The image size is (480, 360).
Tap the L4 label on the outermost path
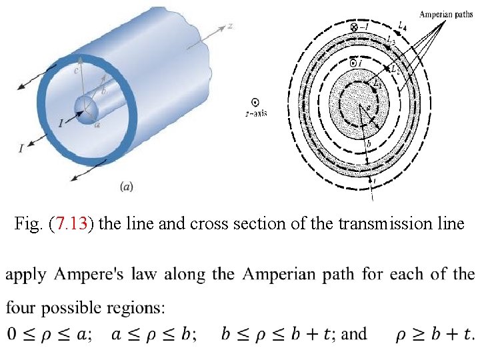coord(401,25)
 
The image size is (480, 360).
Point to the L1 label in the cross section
coord(377,83)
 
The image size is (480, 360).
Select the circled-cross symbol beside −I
coord(353,27)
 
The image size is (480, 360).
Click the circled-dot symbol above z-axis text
coord(255,102)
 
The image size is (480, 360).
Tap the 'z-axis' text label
coord(255,113)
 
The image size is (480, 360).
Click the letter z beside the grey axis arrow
coord(229,25)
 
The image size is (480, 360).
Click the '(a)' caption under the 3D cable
coord(126,187)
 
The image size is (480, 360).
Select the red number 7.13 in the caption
coord(71,224)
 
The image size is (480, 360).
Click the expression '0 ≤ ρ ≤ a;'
coord(45,333)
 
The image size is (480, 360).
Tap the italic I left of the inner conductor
coord(61,123)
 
